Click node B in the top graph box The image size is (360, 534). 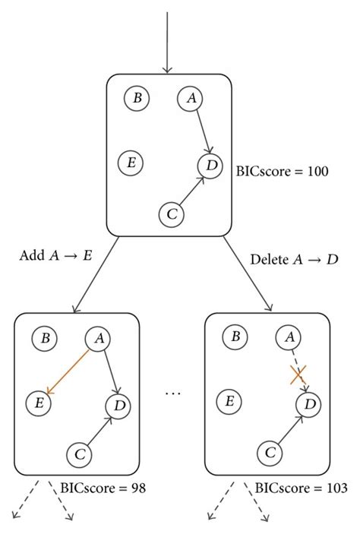pyautogui.click(x=137, y=98)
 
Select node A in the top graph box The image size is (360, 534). pyautogui.click(x=191, y=98)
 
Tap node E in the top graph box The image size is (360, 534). pyautogui.click(x=131, y=162)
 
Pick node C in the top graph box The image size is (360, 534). pyautogui.click(x=171, y=215)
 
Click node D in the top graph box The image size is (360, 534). pyautogui.click(x=210, y=165)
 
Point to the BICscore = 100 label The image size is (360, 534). pyautogui.click(x=283, y=172)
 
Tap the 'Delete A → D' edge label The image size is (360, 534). pyautogui.click(x=294, y=260)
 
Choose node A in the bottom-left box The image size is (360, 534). pyautogui.click(x=97, y=338)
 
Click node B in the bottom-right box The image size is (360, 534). pyautogui.click(x=236, y=337)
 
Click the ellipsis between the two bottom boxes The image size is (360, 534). pyautogui.click(x=173, y=394)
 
